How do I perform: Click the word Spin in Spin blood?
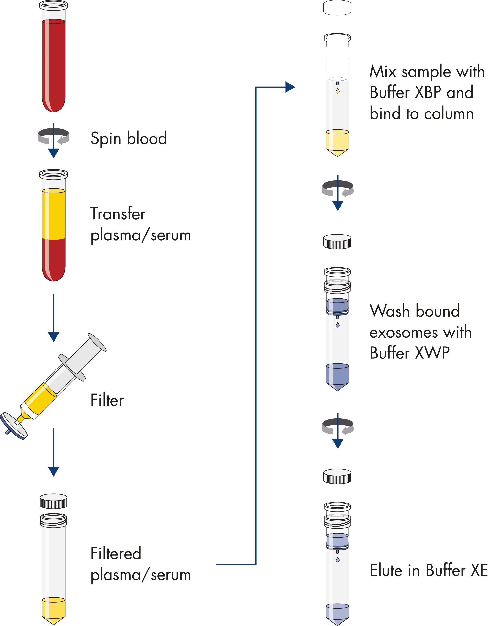point(106,139)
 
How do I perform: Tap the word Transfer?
point(118,214)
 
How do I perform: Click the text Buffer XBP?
point(421,92)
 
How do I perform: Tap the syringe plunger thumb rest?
point(97,342)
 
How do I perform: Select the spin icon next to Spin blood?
point(54,136)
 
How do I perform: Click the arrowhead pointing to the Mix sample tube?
point(290,87)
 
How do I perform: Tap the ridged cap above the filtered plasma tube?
point(54,501)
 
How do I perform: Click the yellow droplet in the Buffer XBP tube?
point(337,91)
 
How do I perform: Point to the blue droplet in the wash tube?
point(337,325)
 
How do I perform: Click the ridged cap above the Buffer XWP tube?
point(337,242)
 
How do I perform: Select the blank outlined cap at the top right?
point(337,8)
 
